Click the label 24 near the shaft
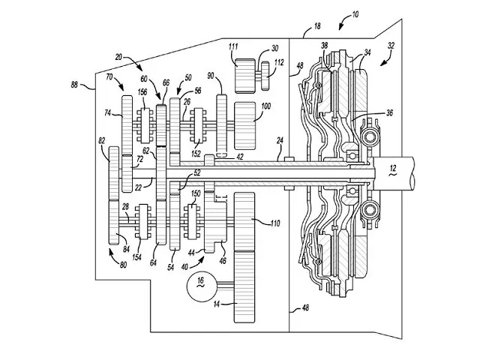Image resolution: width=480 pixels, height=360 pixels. point(279,140)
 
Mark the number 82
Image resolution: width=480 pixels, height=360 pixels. point(101,140)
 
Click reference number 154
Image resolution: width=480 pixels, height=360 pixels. point(137,257)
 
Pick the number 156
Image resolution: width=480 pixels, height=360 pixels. point(141,93)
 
